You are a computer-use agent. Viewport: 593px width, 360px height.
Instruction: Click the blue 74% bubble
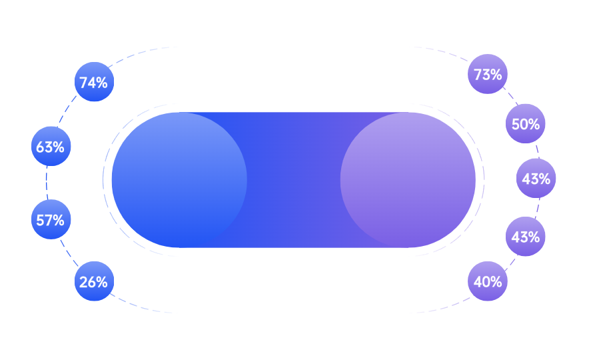tap(94, 82)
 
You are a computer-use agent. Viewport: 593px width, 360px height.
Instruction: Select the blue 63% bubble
tap(51, 146)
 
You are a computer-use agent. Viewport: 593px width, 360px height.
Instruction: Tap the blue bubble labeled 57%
tap(51, 219)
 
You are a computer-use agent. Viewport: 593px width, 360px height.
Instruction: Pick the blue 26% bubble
tap(94, 281)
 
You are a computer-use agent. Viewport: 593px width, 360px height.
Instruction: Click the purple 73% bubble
tap(488, 74)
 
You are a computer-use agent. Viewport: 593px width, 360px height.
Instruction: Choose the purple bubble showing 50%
tap(526, 123)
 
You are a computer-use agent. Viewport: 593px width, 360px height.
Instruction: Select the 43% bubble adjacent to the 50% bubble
tap(536, 179)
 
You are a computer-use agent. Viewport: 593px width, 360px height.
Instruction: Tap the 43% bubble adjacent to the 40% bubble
tap(526, 236)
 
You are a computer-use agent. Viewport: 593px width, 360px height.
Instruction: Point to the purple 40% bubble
tap(488, 281)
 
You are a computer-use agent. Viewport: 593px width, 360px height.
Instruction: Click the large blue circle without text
tap(179, 179)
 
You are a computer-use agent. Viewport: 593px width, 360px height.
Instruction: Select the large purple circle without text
tap(408, 179)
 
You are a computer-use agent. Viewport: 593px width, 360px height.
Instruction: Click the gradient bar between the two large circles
tap(293, 179)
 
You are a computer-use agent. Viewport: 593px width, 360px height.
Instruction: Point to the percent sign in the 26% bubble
tap(102, 282)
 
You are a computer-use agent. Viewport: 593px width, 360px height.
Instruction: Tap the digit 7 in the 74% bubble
tap(83, 83)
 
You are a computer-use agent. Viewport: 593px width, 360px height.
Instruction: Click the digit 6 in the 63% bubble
tap(40, 147)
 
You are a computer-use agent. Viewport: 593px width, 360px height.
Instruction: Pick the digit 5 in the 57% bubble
tap(40, 220)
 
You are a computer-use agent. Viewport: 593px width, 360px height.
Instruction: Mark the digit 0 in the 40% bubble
tap(486, 282)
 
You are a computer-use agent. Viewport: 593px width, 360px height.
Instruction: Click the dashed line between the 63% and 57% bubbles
tap(47, 183)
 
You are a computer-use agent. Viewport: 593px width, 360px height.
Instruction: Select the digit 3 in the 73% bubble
tap(486, 75)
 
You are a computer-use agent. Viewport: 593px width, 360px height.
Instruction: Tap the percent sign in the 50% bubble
tap(534, 124)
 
